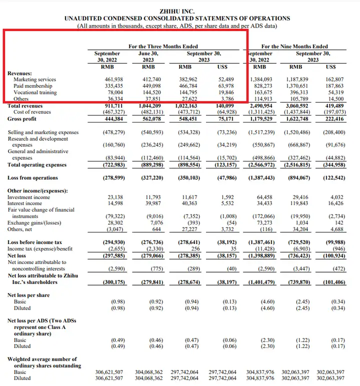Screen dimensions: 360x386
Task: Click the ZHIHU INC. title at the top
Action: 177,11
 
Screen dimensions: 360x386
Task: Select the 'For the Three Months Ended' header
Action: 163,46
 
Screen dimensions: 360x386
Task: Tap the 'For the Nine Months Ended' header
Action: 294,46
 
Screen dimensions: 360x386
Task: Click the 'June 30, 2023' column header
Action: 148,56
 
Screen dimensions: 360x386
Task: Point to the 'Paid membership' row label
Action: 32,86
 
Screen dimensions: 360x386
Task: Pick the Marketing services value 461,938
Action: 114,79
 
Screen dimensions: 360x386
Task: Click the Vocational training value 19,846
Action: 226,92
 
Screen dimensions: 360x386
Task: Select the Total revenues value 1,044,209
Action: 149,106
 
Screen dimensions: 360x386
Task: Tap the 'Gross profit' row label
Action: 21,119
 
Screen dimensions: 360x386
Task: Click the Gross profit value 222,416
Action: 334,119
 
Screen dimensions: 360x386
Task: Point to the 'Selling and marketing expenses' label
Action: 43,132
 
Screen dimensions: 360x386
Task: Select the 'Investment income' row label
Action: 28,197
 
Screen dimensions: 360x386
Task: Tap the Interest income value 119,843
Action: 299,203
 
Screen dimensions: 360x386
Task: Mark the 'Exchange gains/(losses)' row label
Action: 34,223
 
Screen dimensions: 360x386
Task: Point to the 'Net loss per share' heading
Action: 28,295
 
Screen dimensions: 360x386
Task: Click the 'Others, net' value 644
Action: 156,229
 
